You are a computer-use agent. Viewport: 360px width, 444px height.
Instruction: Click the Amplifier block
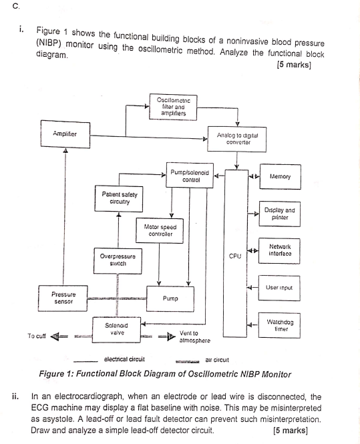[65, 134]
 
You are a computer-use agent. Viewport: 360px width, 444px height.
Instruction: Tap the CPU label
[234, 256]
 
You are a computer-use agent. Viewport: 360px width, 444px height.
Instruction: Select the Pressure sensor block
[64, 296]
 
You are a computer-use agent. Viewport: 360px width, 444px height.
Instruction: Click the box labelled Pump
[170, 298]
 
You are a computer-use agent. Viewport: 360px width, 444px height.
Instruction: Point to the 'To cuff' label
[36, 335]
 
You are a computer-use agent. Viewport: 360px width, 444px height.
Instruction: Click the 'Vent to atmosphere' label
[194, 337]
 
